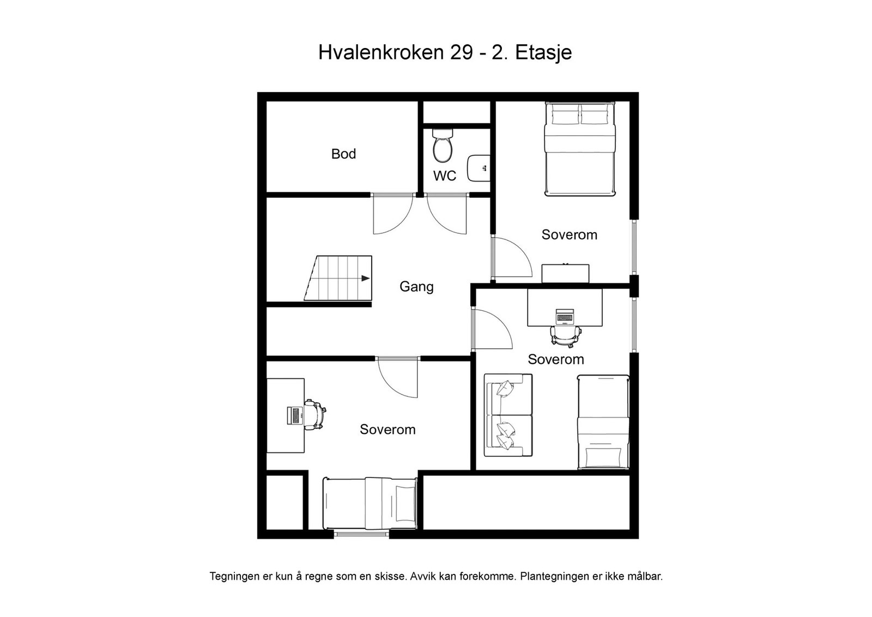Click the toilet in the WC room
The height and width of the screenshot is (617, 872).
click(x=442, y=146)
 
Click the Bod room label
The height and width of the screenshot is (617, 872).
click(x=343, y=154)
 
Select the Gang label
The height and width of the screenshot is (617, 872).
click(x=416, y=287)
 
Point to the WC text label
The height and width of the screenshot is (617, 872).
click(x=445, y=176)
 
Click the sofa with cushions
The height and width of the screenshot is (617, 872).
click(x=508, y=415)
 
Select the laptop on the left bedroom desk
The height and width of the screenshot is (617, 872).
click(x=295, y=415)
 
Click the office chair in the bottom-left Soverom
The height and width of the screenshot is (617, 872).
click(x=315, y=414)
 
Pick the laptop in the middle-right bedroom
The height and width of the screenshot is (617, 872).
click(x=565, y=316)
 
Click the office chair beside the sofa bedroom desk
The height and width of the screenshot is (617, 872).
click(x=565, y=334)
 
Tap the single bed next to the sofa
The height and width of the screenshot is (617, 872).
click(x=603, y=421)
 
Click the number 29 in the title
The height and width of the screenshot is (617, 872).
click(x=461, y=53)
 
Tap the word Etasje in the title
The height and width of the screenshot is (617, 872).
click(x=543, y=53)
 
